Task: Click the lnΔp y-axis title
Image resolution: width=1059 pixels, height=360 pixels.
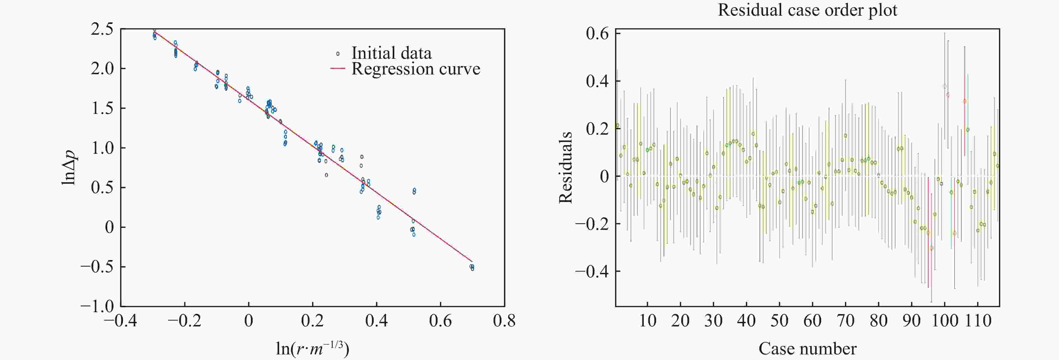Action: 69,167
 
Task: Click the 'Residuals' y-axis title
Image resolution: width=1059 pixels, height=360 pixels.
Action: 566,167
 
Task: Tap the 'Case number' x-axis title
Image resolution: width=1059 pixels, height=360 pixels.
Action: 807,349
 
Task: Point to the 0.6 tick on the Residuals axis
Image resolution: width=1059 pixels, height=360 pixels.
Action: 597,34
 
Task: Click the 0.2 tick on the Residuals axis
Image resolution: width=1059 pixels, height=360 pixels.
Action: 597,128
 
